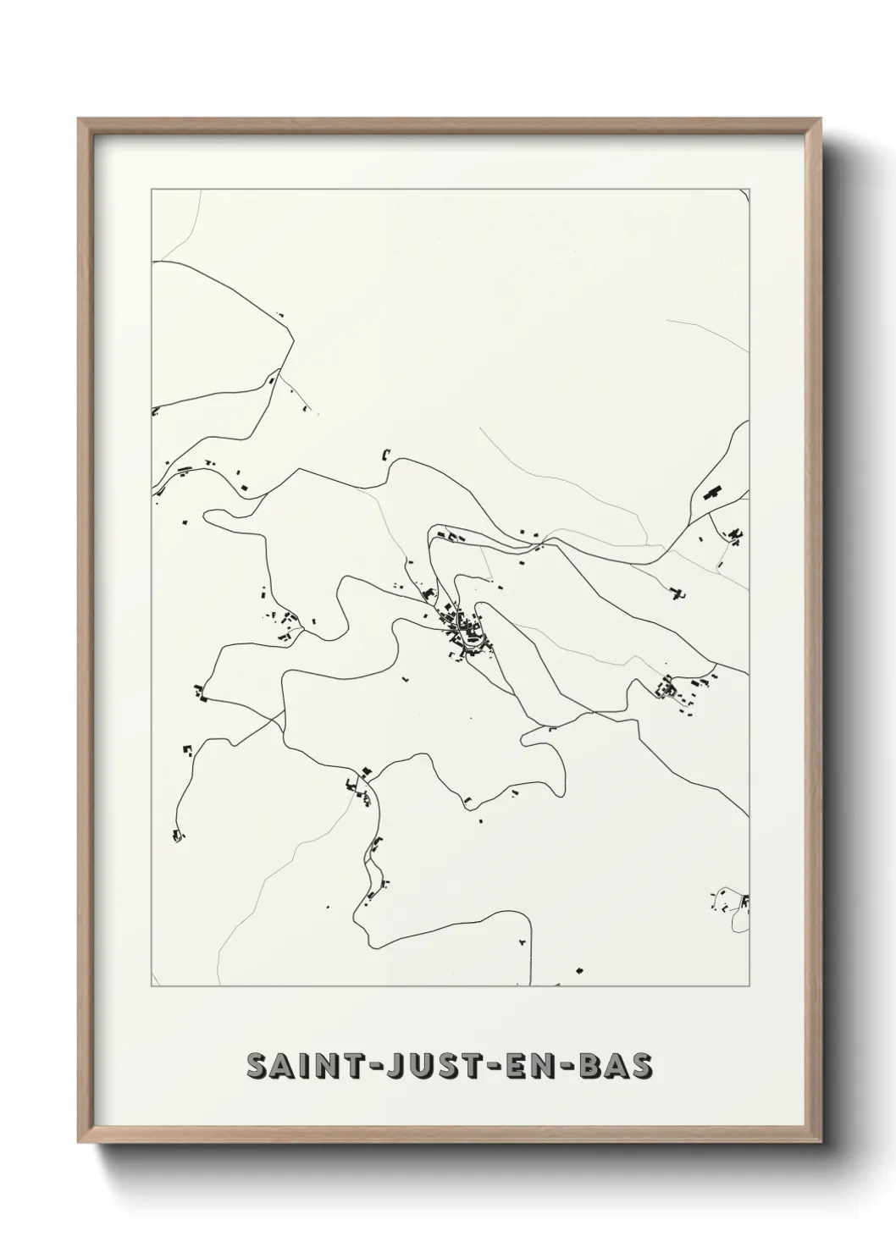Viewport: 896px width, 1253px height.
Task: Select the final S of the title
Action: coord(644,1068)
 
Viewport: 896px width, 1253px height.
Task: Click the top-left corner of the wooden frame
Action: coord(80,119)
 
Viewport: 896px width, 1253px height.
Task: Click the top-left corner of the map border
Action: coord(152,190)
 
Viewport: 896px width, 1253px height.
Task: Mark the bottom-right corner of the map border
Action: coord(749,986)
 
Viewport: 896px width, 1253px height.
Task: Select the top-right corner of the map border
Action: coord(749,190)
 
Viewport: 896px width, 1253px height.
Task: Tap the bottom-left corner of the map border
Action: coord(152,986)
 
